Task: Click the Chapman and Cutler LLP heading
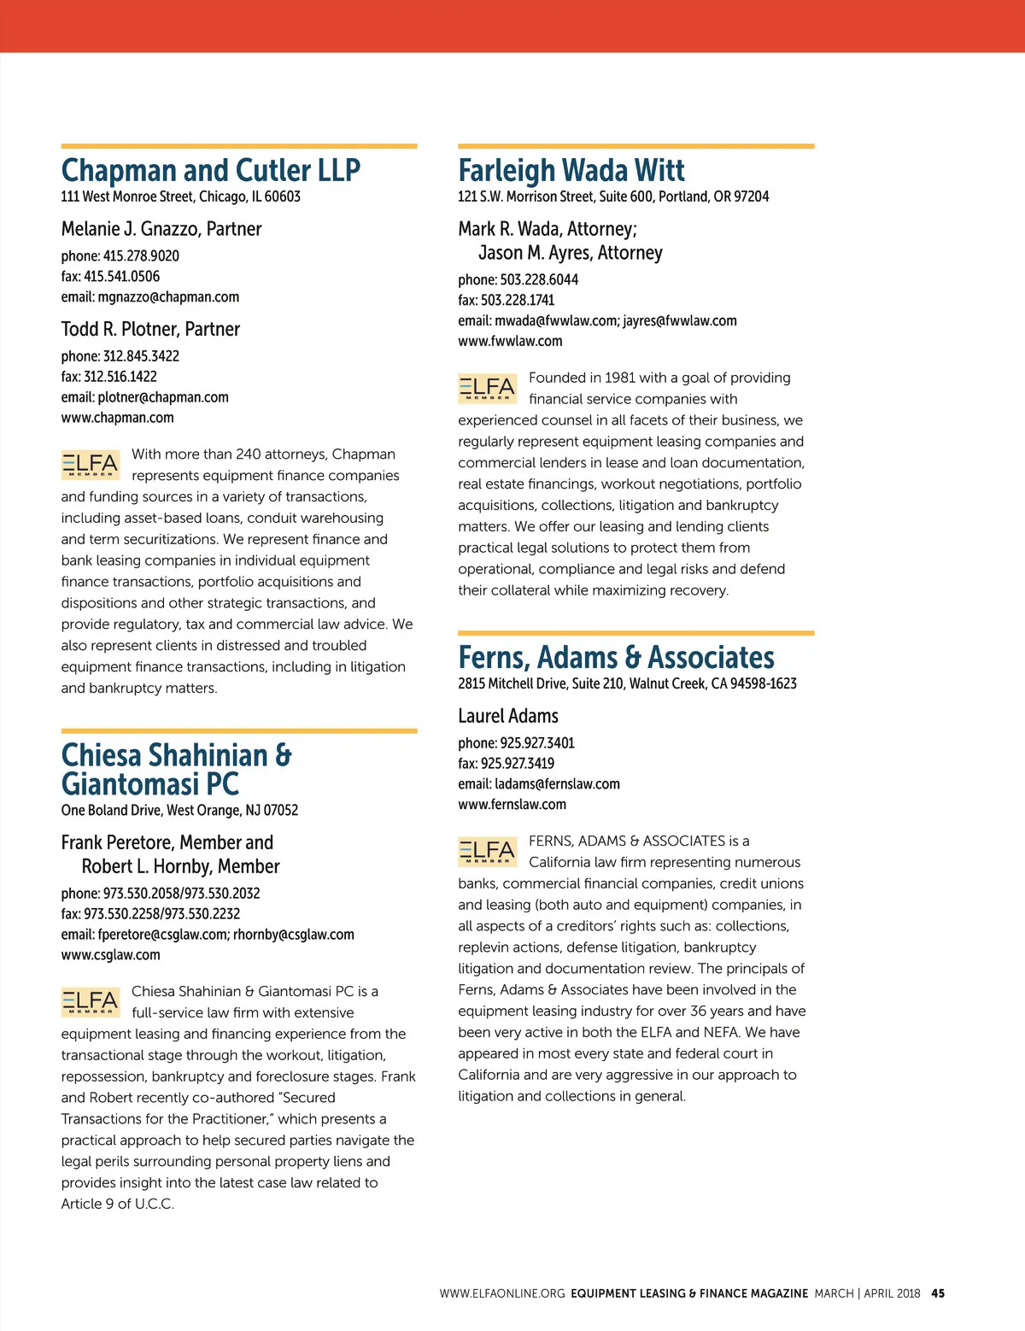coord(210,170)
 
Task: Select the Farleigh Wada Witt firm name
coord(571,170)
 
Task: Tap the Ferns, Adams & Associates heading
coord(616,657)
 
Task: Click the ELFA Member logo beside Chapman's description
coord(91,464)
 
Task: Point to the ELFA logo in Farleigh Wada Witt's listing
coord(487,388)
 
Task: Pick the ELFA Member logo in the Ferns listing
coord(487,851)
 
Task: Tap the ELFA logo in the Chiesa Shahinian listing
coord(91,1001)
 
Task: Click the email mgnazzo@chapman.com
coord(168,297)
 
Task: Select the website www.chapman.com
coord(117,418)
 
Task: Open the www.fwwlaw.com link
coord(510,341)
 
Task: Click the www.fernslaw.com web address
coord(512,804)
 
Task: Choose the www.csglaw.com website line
coord(110,955)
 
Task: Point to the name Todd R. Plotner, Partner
coord(150,329)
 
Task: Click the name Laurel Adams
coord(508,716)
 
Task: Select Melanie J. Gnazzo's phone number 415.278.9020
coord(141,255)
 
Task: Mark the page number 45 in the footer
coord(938,1293)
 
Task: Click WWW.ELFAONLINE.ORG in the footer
coord(502,1293)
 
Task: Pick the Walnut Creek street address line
coord(627,683)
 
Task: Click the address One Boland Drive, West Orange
coord(179,810)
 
